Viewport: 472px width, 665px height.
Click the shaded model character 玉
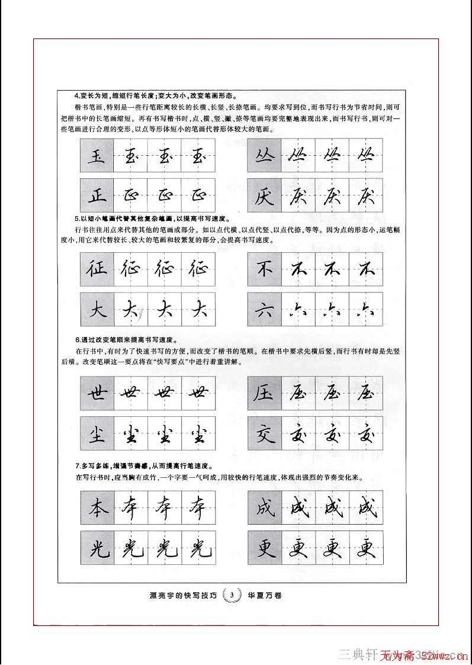[x=97, y=156]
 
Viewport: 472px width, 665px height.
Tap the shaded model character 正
[x=97, y=195]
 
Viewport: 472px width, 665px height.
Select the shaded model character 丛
[x=264, y=156]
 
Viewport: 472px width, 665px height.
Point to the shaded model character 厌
[x=264, y=195]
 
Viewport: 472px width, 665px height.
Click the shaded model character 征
[x=97, y=269]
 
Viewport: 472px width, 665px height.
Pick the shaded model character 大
[x=97, y=309]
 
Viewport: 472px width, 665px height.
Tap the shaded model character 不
[x=264, y=269]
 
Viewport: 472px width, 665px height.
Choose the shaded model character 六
[x=264, y=309]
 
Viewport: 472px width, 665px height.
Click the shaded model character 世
[x=97, y=393]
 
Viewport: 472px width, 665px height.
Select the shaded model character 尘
[x=97, y=433]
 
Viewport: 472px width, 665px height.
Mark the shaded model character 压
[x=264, y=393]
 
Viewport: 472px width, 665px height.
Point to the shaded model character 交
[x=264, y=433]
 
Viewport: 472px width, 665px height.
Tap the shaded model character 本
[x=97, y=508]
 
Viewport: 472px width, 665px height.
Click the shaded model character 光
[x=97, y=548]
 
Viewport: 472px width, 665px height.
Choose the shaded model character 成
[x=264, y=508]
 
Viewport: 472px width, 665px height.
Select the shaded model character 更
[x=264, y=548]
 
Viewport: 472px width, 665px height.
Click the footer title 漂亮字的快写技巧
[x=183, y=595]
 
